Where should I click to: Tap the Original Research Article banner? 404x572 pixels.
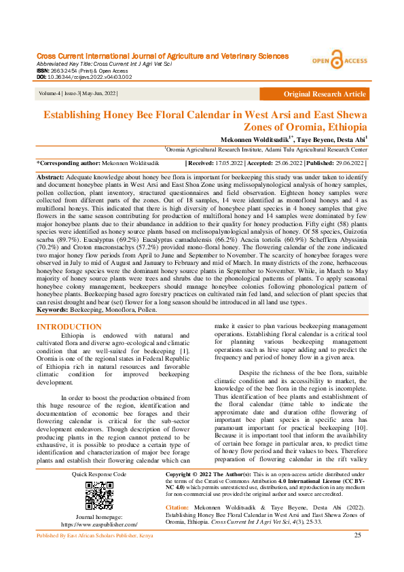tap(325, 94)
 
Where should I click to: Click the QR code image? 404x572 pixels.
tap(99, 496)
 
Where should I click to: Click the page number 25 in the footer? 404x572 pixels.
tap(358, 555)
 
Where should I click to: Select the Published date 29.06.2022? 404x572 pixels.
tap(346, 164)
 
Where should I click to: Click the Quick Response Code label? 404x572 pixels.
tap(99, 473)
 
